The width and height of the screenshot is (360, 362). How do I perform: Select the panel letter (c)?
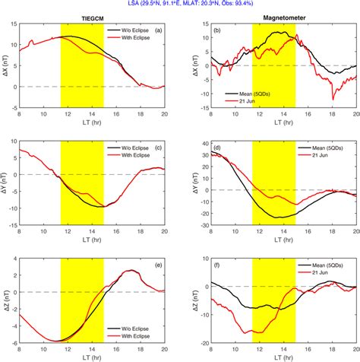click(x=159, y=146)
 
